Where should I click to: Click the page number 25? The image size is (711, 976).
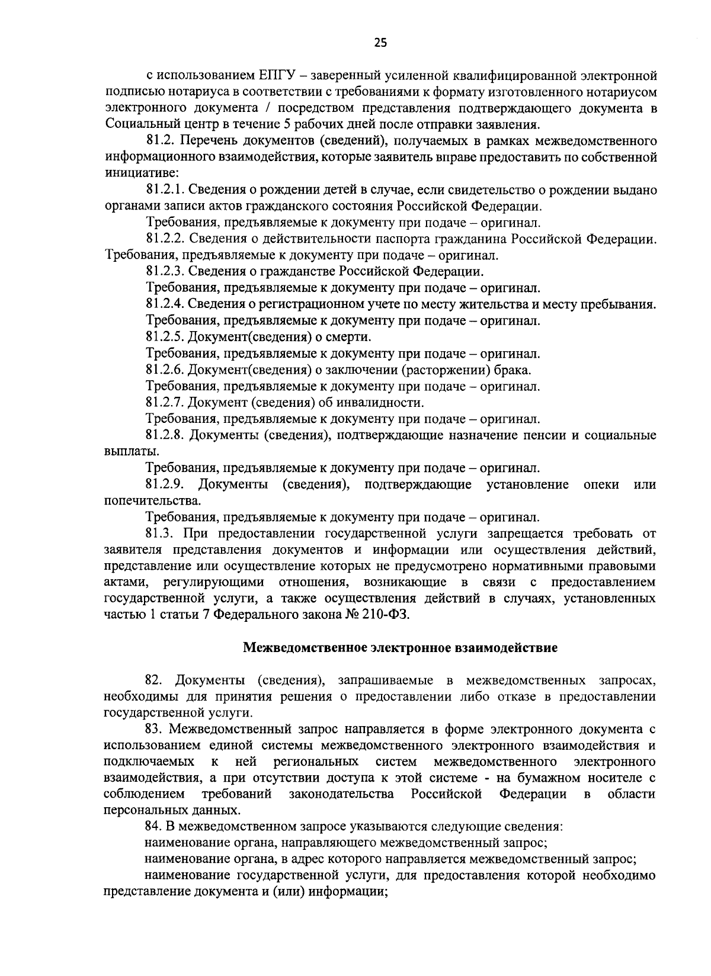pyautogui.click(x=380, y=42)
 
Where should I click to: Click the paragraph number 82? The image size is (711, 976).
pyautogui.click(x=153, y=680)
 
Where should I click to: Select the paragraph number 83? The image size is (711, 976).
pyautogui.click(x=153, y=728)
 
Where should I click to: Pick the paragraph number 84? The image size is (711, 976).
pyautogui.click(x=153, y=826)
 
